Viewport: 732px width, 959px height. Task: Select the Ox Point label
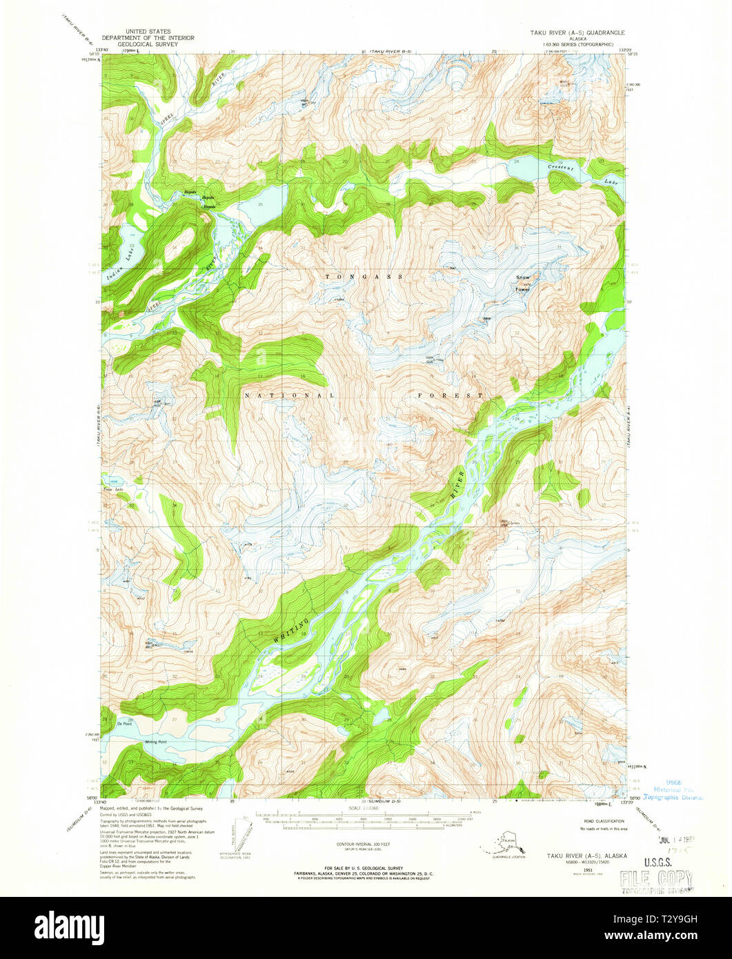coord(124,724)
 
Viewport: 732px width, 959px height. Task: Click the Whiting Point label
coord(155,742)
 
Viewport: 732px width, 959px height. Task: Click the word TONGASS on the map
coord(364,276)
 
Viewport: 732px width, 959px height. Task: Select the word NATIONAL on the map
coord(289,395)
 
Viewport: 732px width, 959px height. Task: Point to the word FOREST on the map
coord(450,395)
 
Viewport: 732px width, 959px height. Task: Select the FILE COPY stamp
coord(655,878)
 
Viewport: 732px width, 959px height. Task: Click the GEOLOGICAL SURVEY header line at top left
coord(148,43)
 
